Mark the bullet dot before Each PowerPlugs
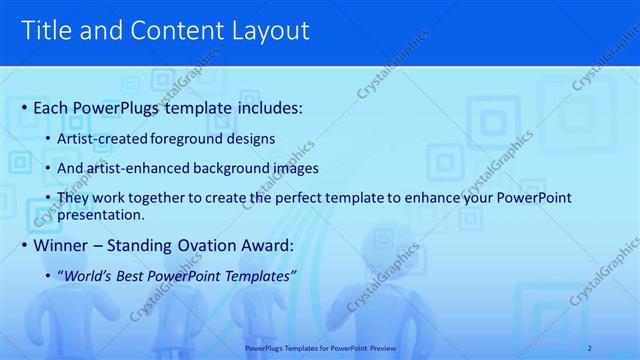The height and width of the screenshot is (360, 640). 24,106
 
